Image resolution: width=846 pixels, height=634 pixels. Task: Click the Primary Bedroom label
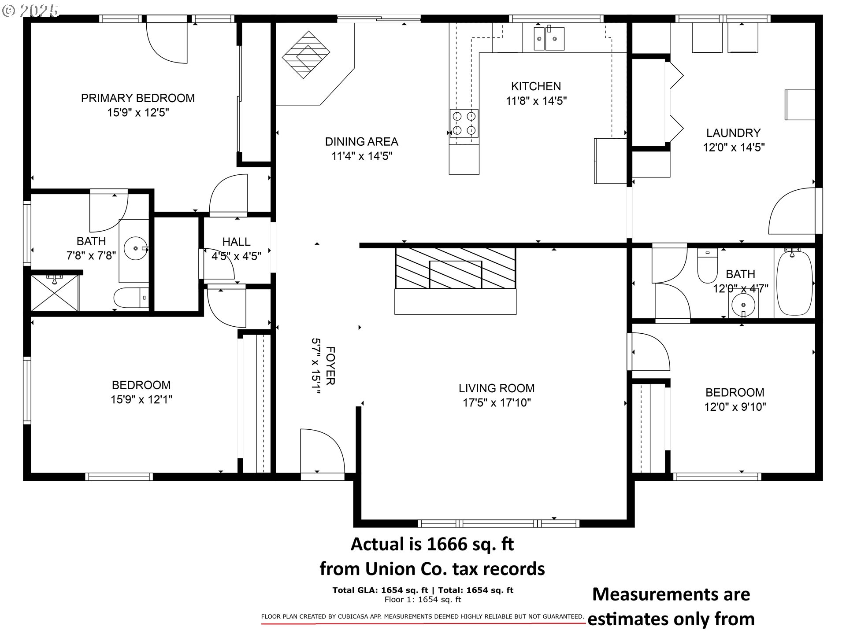click(137, 98)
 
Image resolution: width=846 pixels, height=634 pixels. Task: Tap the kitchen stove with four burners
click(464, 123)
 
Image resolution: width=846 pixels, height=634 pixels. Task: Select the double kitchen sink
click(549, 39)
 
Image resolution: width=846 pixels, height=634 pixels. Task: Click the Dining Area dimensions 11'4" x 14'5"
click(362, 156)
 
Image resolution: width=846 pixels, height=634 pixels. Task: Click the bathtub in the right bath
click(794, 283)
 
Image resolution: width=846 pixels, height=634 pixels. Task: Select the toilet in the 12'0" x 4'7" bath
click(708, 268)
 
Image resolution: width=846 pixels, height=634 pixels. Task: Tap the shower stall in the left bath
click(55, 292)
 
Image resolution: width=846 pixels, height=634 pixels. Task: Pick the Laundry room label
click(733, 133)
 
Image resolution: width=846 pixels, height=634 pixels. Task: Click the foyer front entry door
click(322, 453)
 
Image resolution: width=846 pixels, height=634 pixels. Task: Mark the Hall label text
click(236, 241)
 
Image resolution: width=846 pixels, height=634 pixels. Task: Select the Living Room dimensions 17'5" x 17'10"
click(497, 402)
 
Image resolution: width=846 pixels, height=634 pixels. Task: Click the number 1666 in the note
click(447, 545)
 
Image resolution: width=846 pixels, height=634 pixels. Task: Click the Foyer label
click(330, 365)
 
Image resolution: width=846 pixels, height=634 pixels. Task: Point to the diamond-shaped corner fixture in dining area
click(306, 55)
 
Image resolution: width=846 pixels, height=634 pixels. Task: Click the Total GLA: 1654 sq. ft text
click(380, 590)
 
